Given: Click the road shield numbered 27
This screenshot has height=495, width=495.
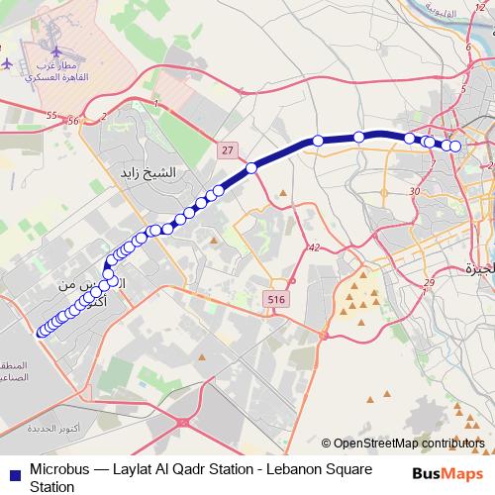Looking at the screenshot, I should (x=229, y=149).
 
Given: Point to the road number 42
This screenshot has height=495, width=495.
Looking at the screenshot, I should (x=314, y=247).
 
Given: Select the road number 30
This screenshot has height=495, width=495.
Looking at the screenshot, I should (x=413, y=191).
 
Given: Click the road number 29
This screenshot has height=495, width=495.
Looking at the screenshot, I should (x=428, y=284).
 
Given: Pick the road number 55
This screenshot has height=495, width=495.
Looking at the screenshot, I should (x=51, y=116).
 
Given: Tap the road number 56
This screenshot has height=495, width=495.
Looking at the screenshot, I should (x=72, y=121).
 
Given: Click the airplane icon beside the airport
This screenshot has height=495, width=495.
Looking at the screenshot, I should (x=7, y=62).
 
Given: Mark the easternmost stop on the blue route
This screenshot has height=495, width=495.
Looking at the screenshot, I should (x=456, y=147).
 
